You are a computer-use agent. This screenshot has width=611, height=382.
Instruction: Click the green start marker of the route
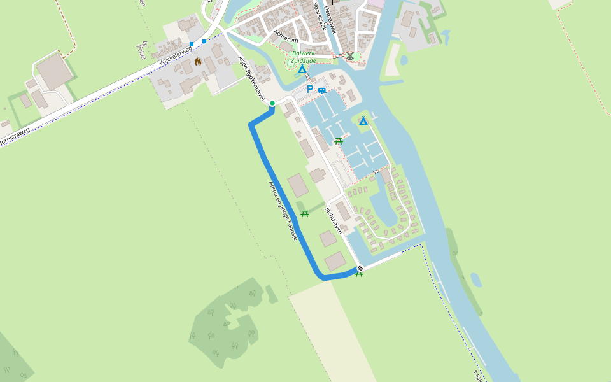coord(272,103)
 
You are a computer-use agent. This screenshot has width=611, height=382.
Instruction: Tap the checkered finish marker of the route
coord(360,268)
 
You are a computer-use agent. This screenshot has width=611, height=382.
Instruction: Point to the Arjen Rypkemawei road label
coord(251,78)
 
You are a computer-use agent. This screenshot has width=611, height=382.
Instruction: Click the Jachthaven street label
coord(334,220)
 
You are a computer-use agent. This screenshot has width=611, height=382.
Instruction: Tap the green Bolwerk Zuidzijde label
coord(299,57)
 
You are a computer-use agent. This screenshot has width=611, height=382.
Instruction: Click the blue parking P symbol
coord(310,90)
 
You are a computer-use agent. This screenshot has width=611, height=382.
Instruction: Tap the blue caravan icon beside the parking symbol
coord(322,90)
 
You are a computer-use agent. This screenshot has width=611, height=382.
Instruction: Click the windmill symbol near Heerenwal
coord(349,57)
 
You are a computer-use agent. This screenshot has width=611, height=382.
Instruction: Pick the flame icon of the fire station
coord(198,62)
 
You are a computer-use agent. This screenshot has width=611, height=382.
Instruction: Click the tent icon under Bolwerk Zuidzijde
coord(302,69)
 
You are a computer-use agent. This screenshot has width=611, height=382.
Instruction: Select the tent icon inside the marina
coord(363,120)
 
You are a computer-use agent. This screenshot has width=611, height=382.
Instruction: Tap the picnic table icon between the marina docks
coord(339,141)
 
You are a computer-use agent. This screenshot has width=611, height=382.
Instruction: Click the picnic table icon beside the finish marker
coord(359,274)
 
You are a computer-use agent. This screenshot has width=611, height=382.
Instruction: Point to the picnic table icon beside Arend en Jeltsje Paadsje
coord(305,214)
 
